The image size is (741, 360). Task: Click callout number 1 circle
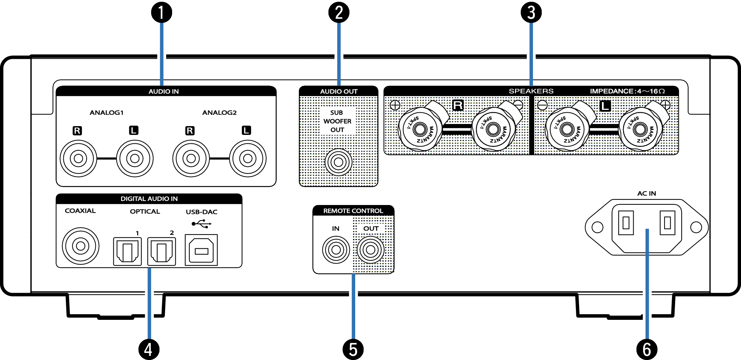161,13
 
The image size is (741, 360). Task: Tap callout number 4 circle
149,349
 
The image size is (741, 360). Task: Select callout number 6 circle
647,349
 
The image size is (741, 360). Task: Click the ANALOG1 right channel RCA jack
78,159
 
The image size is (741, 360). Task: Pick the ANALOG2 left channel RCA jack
247,159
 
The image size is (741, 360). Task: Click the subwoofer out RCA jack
338,162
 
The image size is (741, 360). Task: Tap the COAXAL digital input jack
80,246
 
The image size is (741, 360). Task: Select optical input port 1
127,252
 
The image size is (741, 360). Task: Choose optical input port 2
161,252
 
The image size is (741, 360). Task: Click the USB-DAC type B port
201,250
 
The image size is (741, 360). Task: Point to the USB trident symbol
201,224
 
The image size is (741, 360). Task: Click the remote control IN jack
336,250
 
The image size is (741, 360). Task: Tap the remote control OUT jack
370,250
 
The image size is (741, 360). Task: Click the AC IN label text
646,193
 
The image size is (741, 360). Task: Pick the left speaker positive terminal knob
640,129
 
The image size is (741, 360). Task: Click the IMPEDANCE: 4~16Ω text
627,91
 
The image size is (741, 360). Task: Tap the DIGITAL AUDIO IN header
149,199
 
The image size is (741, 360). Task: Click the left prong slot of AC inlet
626,223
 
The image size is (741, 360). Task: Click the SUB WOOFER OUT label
337,121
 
